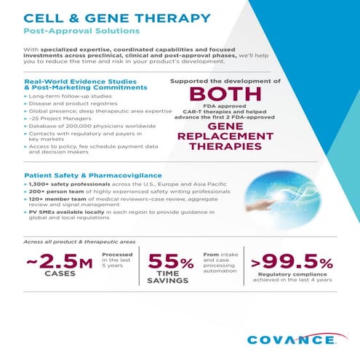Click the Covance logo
click(x=291, y=339)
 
